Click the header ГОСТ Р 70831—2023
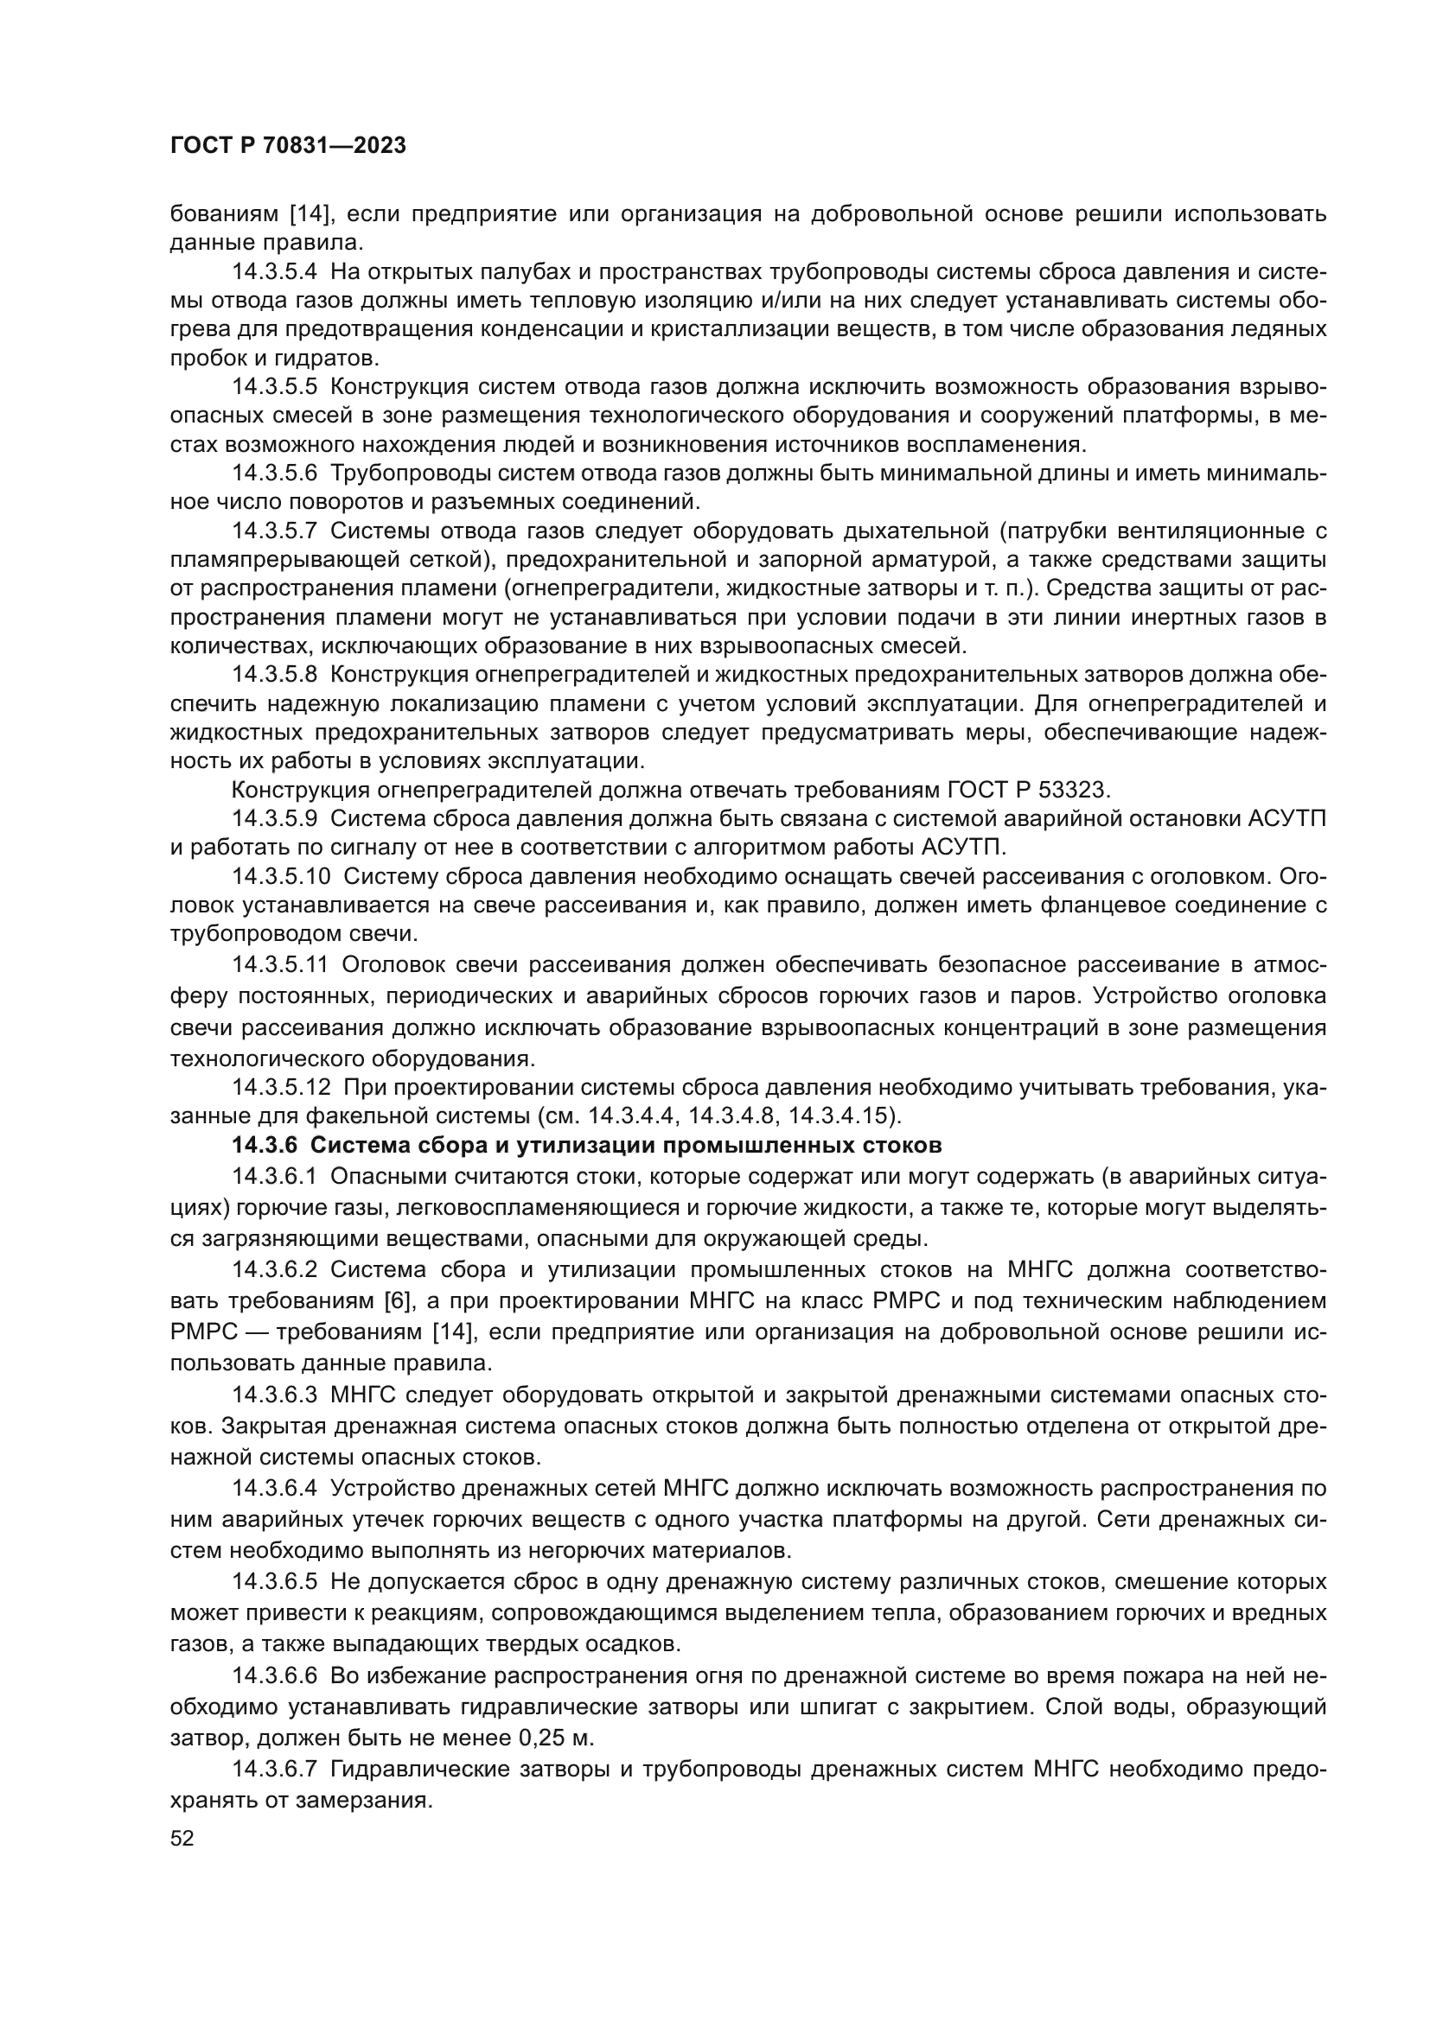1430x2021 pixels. pyautogui.click(x=288, y=145)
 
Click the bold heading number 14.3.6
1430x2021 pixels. pyautogui.click(x=266, y=1145)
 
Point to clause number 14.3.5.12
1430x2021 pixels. pyautogui.click(x=281, y=1087)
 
